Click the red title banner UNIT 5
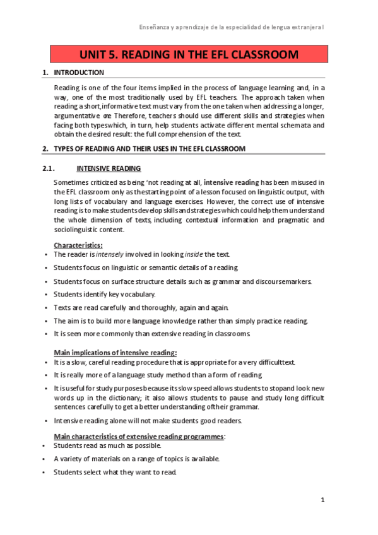[x=189, y=54]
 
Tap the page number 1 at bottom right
[x=322, y=500]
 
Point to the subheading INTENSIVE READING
[x=109, y=168]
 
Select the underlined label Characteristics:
[x=78, y=245]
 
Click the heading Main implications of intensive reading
[x=115, y=352]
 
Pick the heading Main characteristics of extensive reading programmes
[x=139, y=436]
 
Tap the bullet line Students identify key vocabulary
[x=104, y=294]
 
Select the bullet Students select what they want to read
[x=115, y=472]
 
